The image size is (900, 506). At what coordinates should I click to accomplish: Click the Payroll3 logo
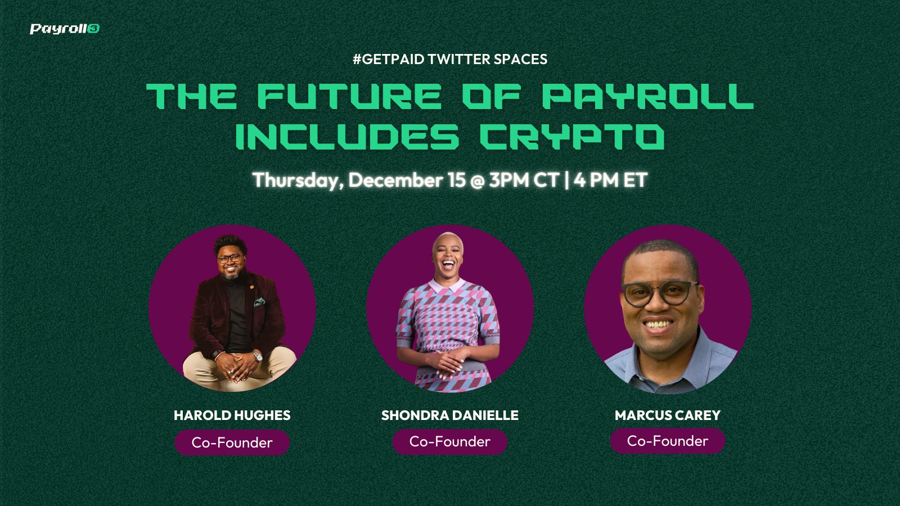[65, 29]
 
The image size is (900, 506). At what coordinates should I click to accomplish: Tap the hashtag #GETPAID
[389, 59]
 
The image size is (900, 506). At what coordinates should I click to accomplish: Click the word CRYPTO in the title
[572, 136]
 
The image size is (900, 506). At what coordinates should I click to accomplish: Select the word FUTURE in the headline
[349, 96]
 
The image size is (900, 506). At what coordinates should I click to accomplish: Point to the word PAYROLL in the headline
[647, 96]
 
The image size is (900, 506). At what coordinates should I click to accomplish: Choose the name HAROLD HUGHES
[232, 415]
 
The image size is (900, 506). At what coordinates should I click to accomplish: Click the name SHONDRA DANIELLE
[450, 415]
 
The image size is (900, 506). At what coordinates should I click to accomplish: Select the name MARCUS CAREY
[668, 415]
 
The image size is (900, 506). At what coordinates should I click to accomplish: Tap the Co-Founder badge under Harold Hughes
[232, 442]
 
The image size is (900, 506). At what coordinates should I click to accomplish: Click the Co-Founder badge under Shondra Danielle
[450, 442]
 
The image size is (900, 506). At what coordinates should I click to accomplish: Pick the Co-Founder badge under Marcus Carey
[668, 441]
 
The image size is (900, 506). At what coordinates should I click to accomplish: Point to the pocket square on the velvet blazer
[259, 302]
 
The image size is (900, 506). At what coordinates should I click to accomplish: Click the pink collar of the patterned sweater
[447, 286]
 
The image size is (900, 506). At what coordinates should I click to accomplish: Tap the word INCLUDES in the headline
[346, 136]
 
